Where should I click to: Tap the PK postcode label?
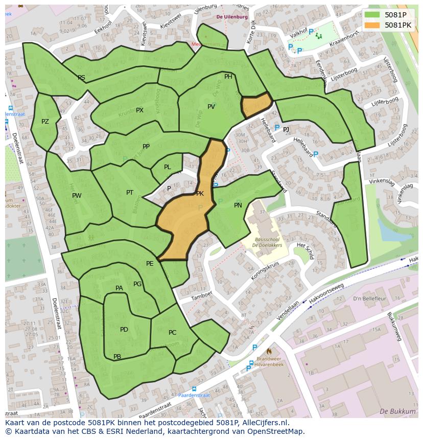click(200, 194)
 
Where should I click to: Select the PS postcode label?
click(81, 78)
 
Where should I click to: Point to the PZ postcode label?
click(45, 122)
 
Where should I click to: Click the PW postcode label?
click(77, 196)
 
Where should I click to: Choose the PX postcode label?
click(139, 110)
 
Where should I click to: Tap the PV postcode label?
click(211, 107)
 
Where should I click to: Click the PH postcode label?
click(228, 77)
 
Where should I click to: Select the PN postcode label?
click(238, 205)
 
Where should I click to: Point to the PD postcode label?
click(124, 330)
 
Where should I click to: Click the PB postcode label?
click(117, 357)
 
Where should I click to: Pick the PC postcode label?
click(172, 333)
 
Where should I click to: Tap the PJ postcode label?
click(286, 130)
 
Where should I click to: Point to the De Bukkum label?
click(397, 411)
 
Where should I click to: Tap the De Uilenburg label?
click(232, 17)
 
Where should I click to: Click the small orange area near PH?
click(255, 105)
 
